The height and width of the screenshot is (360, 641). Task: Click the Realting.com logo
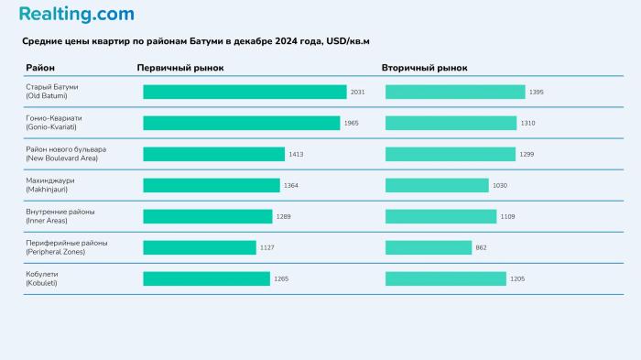[76, 15]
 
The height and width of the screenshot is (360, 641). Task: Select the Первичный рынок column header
[179, 68]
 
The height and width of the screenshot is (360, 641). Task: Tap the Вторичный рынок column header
[424, 68]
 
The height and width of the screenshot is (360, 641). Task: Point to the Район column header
[40, 68]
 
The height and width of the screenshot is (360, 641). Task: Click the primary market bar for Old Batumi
[244, 92]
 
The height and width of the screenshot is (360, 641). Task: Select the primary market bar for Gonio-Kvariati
[241, 123]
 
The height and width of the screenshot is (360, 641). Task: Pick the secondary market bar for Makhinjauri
[437, 185]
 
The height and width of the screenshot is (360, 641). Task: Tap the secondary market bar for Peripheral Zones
[429, 247]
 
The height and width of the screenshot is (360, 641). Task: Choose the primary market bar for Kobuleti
[206, 278]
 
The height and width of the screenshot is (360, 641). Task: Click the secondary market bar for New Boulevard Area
[450, 154]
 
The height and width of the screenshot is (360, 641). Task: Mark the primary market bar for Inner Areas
[208, 216]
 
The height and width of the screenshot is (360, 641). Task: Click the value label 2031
[358, 92]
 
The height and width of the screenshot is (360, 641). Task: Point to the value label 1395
[537, 92]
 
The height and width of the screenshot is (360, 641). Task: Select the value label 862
[482, 247]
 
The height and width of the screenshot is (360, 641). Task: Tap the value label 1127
[267, 247]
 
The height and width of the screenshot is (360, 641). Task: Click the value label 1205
[517, 278]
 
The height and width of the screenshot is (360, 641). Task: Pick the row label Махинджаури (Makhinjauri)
[50, 185]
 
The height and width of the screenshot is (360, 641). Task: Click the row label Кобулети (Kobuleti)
[45, 278]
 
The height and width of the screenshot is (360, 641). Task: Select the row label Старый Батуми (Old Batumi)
[52, 92]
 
